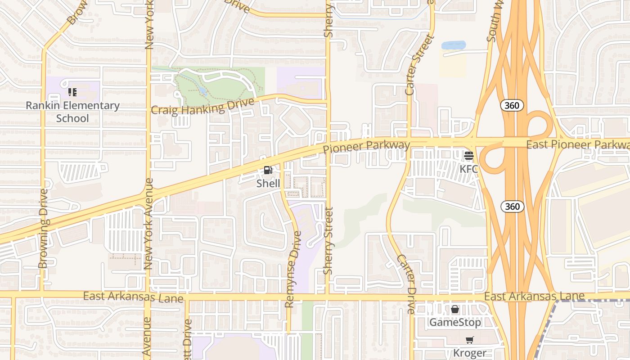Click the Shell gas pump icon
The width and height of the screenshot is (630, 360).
[x=268, y=170]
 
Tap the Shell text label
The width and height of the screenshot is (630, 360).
[x=268, y=184]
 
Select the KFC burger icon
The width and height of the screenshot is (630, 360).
[x=469, y=156]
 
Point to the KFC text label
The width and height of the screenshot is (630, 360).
[x=469, y=169]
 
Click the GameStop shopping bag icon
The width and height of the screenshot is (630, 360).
[x=455, y=309]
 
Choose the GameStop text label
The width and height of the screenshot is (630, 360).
[x=455, y=322]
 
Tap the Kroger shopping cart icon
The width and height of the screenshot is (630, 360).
[x=470, y=340]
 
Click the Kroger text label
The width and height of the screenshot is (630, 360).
[x=470, y=353]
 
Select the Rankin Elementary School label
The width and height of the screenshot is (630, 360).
[x=72, y=112]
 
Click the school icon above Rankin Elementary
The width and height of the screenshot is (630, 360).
[x=72, y=92]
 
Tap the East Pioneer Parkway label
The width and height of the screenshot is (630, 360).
[x=578, y=144]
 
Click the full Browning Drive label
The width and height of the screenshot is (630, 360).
[x=43, y=228]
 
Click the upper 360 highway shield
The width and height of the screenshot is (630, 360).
[x=512, y=106]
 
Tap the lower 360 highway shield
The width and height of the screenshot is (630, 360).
[x=512, y=207]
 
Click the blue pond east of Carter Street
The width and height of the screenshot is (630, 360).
[x=454, y=45]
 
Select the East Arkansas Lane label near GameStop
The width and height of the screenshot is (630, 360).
[x=534, y=296]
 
